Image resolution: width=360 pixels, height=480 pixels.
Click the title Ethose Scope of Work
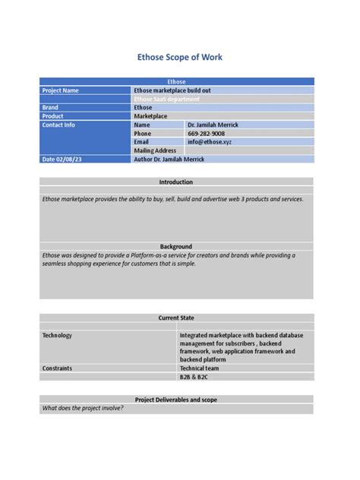click(x=179, y=57)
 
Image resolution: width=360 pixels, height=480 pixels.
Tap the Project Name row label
click(x=61, y=90)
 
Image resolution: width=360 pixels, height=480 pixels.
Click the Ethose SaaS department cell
click(x=166, y=99)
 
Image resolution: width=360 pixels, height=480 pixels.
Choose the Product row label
click(x=53, y=116)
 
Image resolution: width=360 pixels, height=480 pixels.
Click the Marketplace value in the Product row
click(x=151, y=116)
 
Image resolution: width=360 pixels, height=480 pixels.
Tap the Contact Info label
click(x=58, y=125)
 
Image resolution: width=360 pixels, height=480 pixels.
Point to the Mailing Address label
click(x=155, y=151)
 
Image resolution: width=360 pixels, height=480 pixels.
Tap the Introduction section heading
click(x=176, y=182)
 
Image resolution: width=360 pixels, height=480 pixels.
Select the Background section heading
click(x=176, y=247)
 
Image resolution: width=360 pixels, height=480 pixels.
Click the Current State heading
click(x=176, y=317)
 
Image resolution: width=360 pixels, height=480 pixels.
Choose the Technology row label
click(x=58, y=335)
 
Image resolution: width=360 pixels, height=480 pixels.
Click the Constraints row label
click(x=58, y=368)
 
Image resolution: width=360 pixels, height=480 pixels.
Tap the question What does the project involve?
click(x=83, y=408)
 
